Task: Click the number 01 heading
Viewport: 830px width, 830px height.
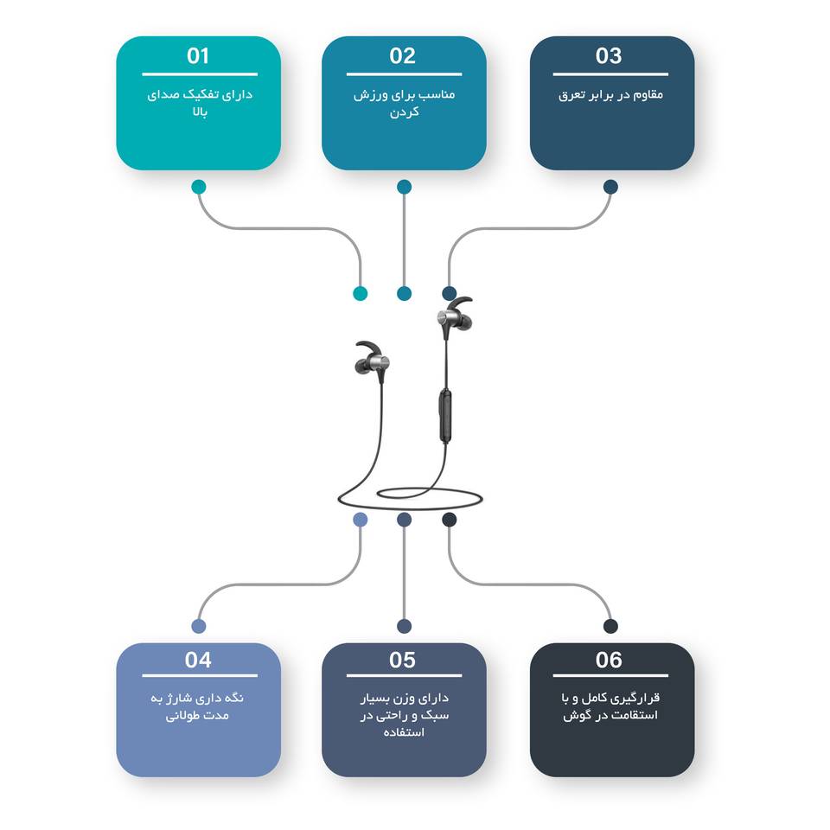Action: pos(198,56)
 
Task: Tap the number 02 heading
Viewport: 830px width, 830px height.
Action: pos(402,56)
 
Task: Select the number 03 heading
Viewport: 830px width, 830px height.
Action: pos(609,56)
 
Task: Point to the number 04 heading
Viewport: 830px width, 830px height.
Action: pos(198,660)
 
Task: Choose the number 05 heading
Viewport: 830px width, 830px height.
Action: pos(402,660)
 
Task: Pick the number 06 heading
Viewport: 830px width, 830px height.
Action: pos(609,660)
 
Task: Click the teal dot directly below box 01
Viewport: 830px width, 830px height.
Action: pos(199,187)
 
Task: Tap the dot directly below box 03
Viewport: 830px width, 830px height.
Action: pos(610,187)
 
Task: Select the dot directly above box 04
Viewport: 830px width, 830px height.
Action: pos(199,626)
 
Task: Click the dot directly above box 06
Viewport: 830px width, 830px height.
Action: pos(610,626)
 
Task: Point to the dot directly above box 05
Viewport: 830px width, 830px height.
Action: pos(404,626)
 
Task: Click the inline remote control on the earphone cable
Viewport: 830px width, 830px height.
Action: pos(446,416)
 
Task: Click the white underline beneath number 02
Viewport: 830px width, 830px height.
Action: pos(405,74)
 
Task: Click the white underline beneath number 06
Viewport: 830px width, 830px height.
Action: pos(610,675)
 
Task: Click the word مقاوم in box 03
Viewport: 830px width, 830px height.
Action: pos(649,95)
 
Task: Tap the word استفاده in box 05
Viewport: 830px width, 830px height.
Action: pos(404,732)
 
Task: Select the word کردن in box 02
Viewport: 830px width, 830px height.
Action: pos(405,112)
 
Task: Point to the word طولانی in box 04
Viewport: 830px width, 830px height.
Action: pos(182,716)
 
